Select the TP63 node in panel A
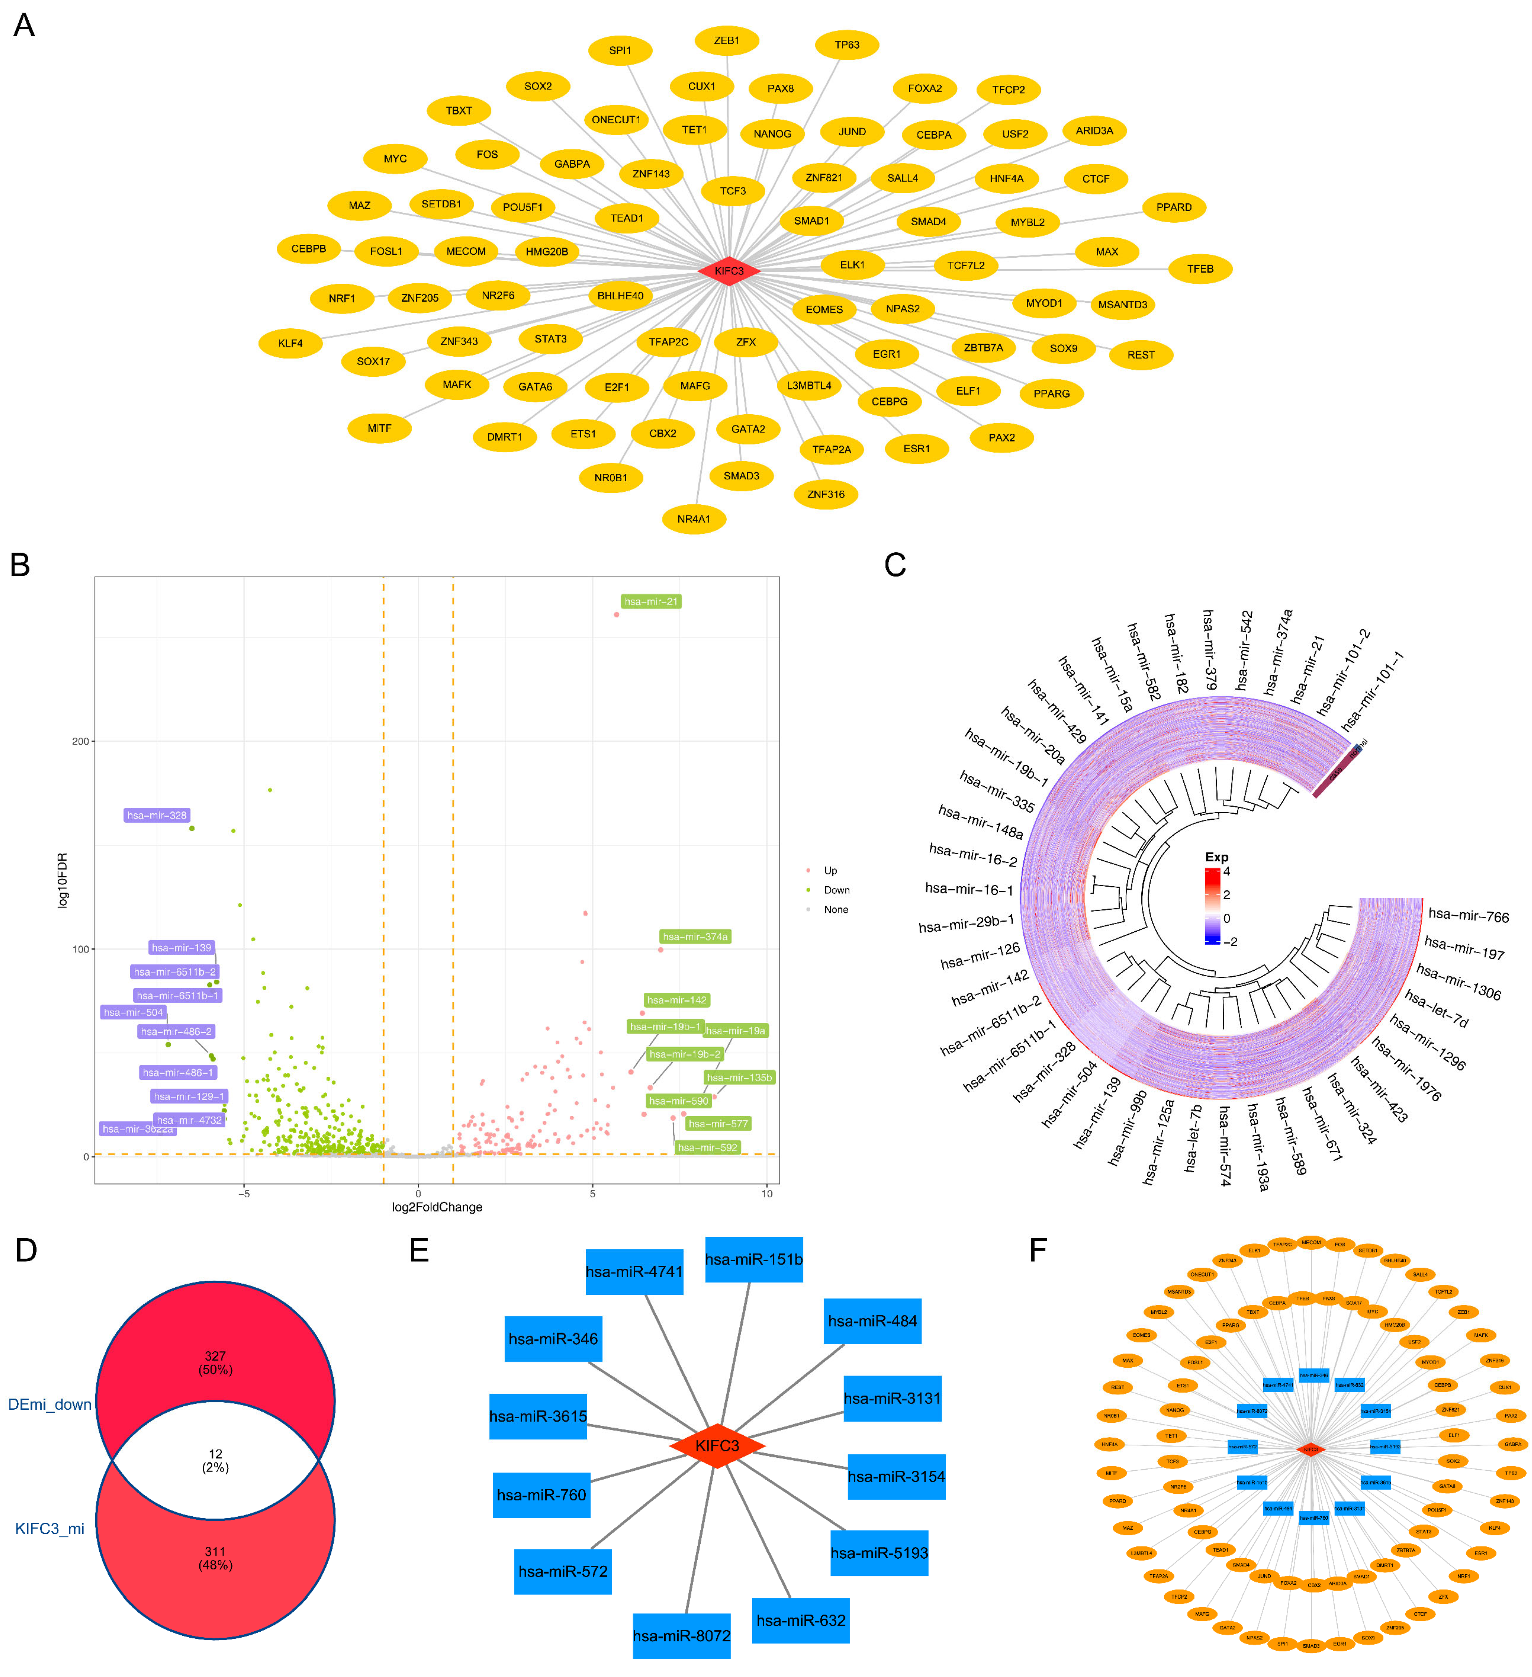point(847,45)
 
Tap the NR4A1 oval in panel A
point(694,519)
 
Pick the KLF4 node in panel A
point(290,343)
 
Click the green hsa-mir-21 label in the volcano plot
point(650,601)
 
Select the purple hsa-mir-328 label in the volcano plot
point(156,815)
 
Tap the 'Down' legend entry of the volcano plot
point(836,890)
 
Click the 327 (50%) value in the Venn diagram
point(215,1362)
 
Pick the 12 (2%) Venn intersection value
point(215,1461)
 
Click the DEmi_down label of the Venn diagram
point(50,1404)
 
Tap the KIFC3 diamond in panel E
point(717,1446)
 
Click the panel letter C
point(895,565)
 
